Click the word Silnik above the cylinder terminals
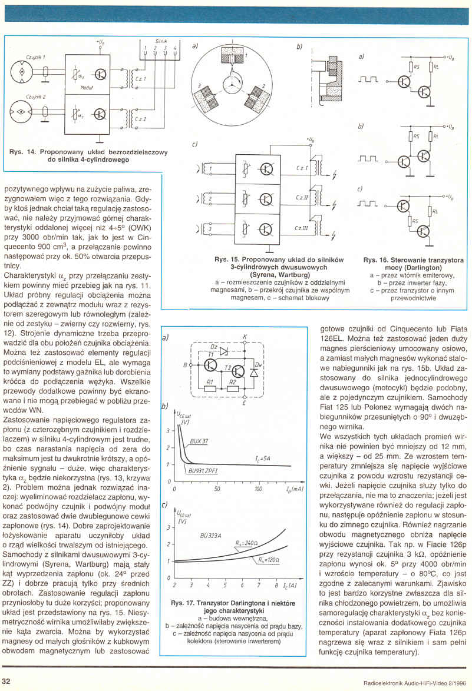click(161, 41)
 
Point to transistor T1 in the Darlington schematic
click(210, 365)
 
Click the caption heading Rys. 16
click(374, 260)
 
